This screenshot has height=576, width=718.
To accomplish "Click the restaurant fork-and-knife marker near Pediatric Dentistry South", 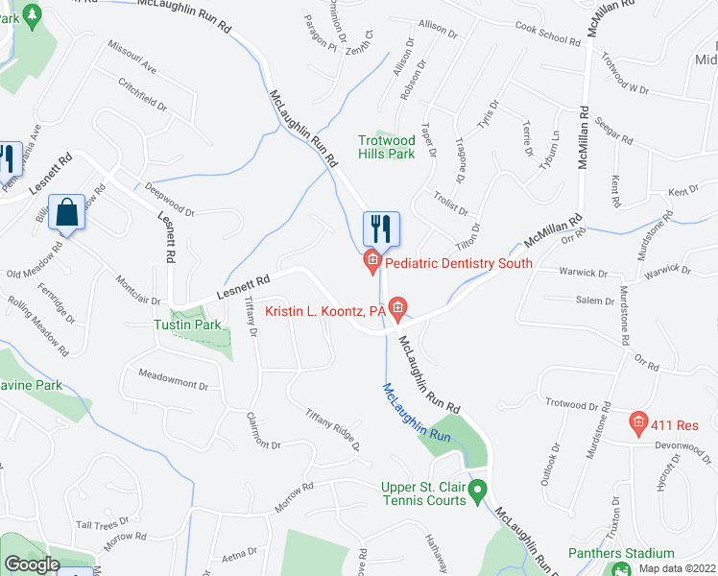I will (381, 228).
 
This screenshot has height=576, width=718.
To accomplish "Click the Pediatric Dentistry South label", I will (458, 263).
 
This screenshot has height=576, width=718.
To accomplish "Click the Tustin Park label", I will (186, 324).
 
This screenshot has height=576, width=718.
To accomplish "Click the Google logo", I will (32, 564).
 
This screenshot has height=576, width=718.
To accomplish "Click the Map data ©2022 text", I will (677, 568).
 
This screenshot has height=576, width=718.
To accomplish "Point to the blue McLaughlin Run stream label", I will (416, 413).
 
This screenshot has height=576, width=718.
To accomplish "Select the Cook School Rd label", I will (548, 35).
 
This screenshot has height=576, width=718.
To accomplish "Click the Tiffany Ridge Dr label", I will (332, 430).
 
